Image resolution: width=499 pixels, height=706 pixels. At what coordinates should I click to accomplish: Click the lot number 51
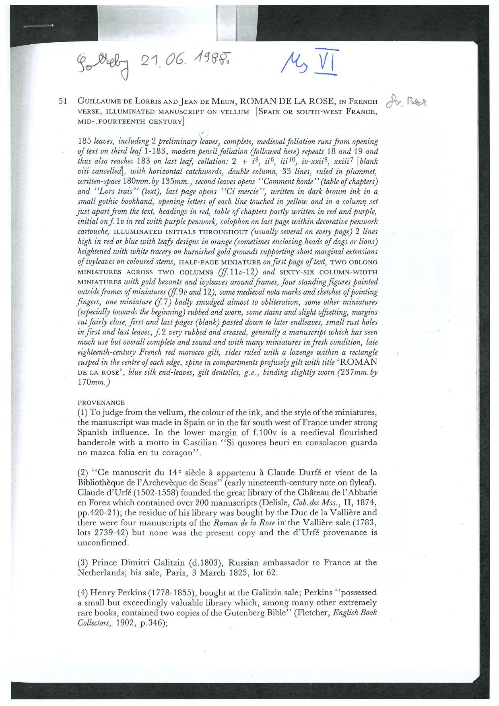pos(62,101)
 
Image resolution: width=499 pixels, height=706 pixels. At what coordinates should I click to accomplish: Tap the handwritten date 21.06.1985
pos(185,61)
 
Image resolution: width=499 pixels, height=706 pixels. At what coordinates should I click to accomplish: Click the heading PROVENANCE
pos(101,403)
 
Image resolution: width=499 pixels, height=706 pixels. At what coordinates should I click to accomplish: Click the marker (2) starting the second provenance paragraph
pos(82,473)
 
